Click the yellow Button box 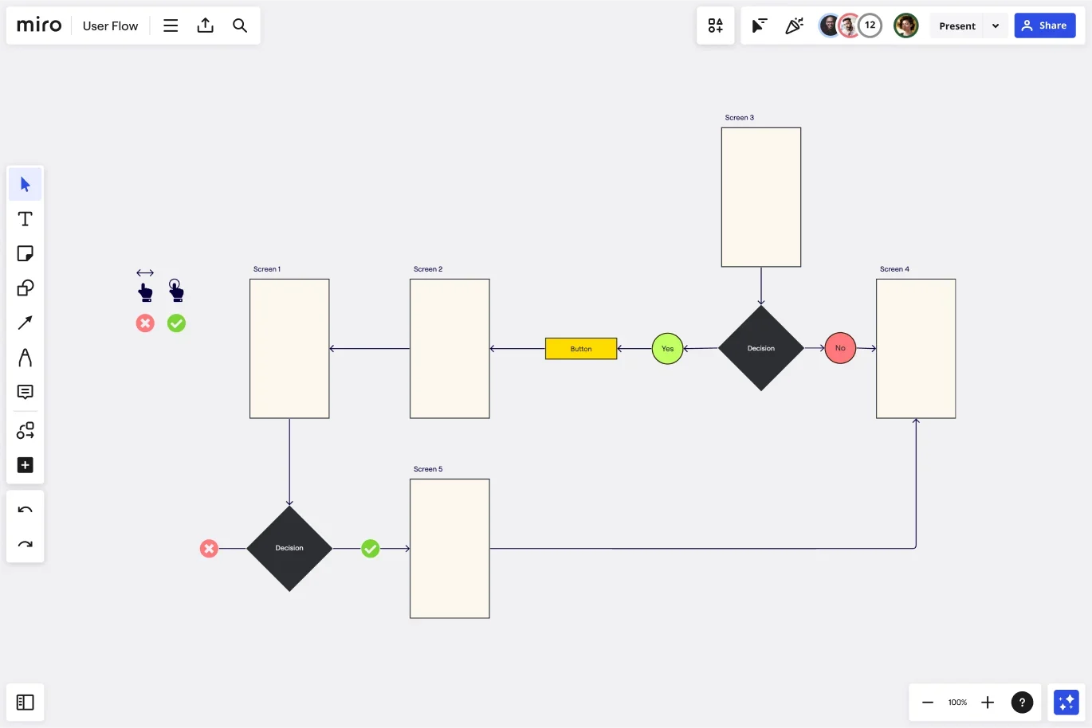(x=580, y=348)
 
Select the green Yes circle (x=667, y=348)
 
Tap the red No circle (x=840, y=348)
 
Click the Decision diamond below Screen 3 (x=760, y=348)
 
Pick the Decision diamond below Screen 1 (x=289, y=548)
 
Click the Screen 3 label (x=739, y=117)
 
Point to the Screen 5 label (x=428, y=469)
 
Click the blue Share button (x=1045, y=25)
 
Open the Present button (x=957, y=25)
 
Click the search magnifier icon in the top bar (x=239, y=25)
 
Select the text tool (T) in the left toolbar (x=25, y=219)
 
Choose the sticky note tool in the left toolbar (x=25, y=253)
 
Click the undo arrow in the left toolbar (x=25, y=510)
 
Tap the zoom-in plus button (x=988, y=703)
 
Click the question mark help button (x=1022, y=703)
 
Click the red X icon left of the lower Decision (x=209, y=548)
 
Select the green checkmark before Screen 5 (x=370, y=548)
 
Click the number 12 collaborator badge (x=870, y=25)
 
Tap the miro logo (x=39, y=25)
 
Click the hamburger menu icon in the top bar (x=170, y=25)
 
